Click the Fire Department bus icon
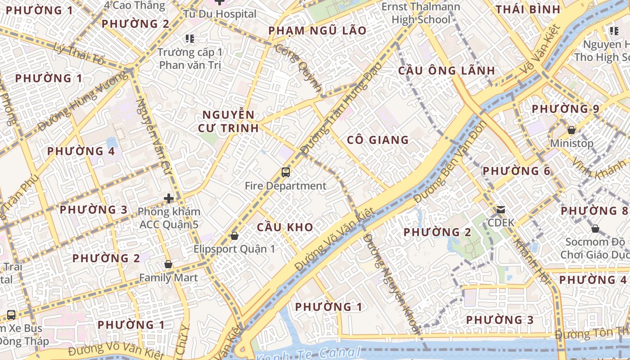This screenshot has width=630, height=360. (286, 172)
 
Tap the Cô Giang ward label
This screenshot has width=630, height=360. (378, 140)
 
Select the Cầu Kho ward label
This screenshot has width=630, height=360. (285, 227)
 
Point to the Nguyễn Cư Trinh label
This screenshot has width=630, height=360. (228, 121)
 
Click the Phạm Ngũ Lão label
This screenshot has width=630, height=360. (317, 31)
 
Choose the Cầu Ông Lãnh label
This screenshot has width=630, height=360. (446, 71)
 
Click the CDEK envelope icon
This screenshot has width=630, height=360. (500, 210)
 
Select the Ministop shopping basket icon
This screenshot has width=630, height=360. (571, 130)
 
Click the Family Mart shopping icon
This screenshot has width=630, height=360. (168, 264)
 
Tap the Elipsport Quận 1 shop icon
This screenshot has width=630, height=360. (234, 235)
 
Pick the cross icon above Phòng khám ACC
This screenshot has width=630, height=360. (169, 198)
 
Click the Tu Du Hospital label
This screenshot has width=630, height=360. (220, 14)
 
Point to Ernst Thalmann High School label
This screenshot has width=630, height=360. (421, 13)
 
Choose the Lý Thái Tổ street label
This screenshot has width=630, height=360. (79, 54)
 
